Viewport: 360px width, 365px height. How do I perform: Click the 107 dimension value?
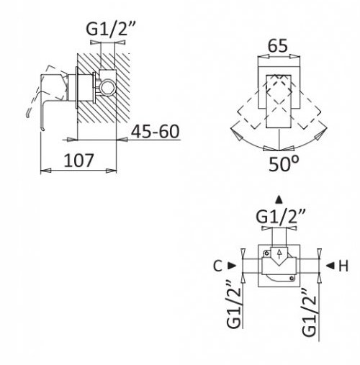78,161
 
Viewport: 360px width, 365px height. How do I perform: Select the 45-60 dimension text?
156,132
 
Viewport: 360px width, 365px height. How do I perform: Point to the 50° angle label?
284,164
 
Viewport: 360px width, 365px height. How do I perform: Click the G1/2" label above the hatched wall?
111,28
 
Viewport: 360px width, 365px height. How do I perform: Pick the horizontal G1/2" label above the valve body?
281,216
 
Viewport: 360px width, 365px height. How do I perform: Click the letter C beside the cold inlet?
217,266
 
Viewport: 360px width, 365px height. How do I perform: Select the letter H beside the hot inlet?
343,266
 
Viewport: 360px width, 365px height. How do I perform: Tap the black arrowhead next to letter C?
232,266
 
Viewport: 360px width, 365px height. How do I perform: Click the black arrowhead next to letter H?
330,266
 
